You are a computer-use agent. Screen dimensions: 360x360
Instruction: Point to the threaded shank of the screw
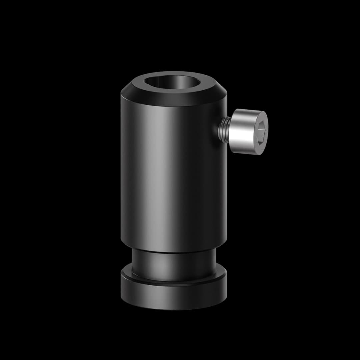(x=223, y=128)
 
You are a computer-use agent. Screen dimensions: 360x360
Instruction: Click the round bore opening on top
(x=174, y=83)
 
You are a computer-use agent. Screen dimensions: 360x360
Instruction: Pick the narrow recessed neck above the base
(x=173, y=265)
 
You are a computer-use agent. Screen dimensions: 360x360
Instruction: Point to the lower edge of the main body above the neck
(x=173, y=252)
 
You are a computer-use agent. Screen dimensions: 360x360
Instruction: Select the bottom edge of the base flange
(x=173, y=309)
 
